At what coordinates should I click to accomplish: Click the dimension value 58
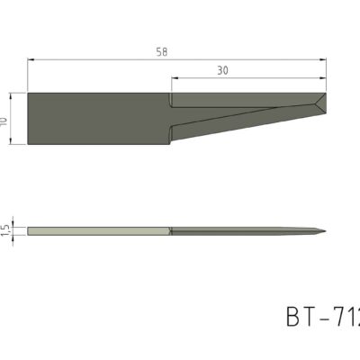coord(162,52)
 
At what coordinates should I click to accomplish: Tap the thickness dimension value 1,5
coord(5,231)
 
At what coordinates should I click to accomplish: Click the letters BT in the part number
coord(301,318)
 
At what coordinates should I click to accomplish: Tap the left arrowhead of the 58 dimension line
coord(31,59)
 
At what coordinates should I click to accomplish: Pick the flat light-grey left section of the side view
coord(99,231)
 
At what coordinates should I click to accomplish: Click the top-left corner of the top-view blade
coord(29,93)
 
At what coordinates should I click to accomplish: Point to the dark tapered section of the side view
coord(243,231)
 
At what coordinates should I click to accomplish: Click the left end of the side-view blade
coord(29,231)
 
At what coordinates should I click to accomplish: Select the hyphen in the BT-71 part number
coord(326,319)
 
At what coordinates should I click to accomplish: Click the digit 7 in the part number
coord(342,318)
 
